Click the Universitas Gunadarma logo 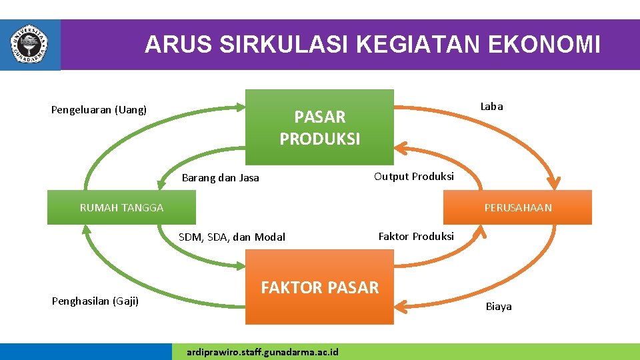[x=29, y=45]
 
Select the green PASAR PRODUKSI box [x=319, y=127]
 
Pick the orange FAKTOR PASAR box [x=319, y=287]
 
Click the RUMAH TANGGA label [x=121, y=207]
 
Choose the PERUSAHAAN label [x=518, y=207]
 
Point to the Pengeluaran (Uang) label [x=99, y=110]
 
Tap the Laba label [x=492, y=107]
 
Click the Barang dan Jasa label [x=220, y=178]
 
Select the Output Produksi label [x=414, y=177]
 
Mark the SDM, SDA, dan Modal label [x=232, y=237]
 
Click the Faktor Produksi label [x=416, y=237]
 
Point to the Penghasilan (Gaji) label [x=95, y=301]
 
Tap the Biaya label [x=499, y=307]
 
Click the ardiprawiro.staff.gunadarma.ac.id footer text [x=263, y=352]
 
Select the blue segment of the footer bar [x=85, y=352]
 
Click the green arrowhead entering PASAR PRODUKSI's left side [x=239, y=105]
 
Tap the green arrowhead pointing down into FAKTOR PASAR [x=241, y=265]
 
